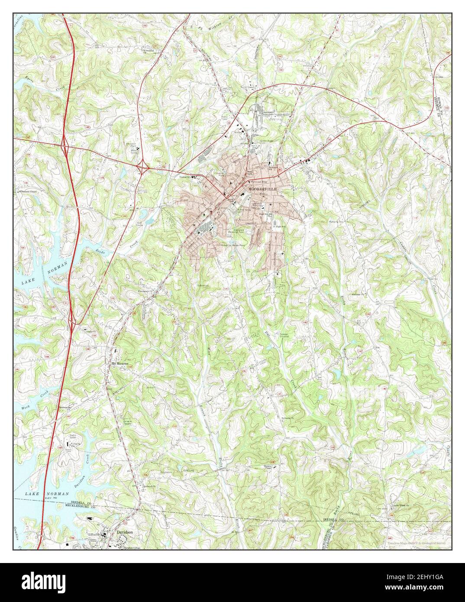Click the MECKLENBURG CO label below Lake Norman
80,505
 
